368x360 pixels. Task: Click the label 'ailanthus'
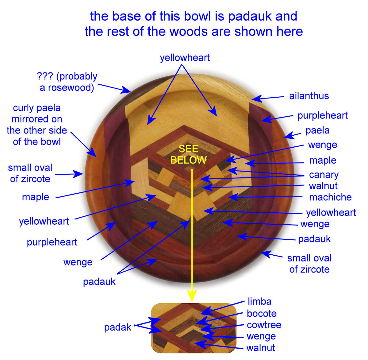point(309,96)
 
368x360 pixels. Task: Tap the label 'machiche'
point(330,197)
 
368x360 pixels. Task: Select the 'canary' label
point(324,175)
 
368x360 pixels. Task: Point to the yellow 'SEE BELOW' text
point(188,154)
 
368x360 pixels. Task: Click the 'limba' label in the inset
point(259,301)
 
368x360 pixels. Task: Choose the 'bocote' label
point(262,313)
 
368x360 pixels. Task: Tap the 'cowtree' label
point(264,325)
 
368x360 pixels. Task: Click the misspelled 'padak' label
point(117,327)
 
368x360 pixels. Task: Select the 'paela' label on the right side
point(317,130)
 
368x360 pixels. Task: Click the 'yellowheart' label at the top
point(185,58)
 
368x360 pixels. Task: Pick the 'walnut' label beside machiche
point(323,186)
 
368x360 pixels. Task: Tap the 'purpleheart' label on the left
point(52,242)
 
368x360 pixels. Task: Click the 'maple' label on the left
point(35,197)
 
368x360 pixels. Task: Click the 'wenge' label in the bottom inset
point(261,336)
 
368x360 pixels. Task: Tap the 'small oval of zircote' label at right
point(309,264)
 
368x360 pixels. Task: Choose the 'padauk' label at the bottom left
point(99,281)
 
